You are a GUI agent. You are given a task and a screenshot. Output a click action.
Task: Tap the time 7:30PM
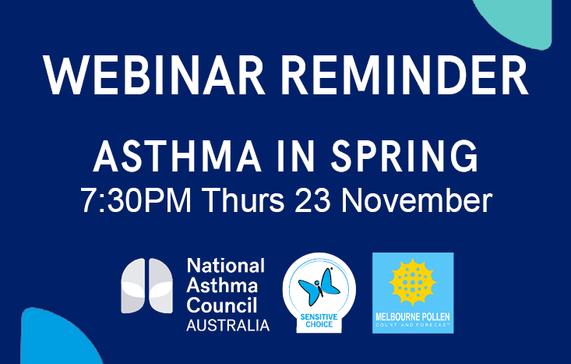[x=137, y=200]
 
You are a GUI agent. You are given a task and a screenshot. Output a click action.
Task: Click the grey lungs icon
[x=147, y=286]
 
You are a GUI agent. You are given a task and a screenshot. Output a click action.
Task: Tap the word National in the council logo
[x=226, y=267]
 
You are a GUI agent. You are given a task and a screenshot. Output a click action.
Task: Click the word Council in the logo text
[x=224, y=306]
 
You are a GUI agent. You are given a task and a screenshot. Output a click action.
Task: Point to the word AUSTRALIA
[x=227, y=325]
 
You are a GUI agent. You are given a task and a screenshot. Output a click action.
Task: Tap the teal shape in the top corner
[x=530, y=19]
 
